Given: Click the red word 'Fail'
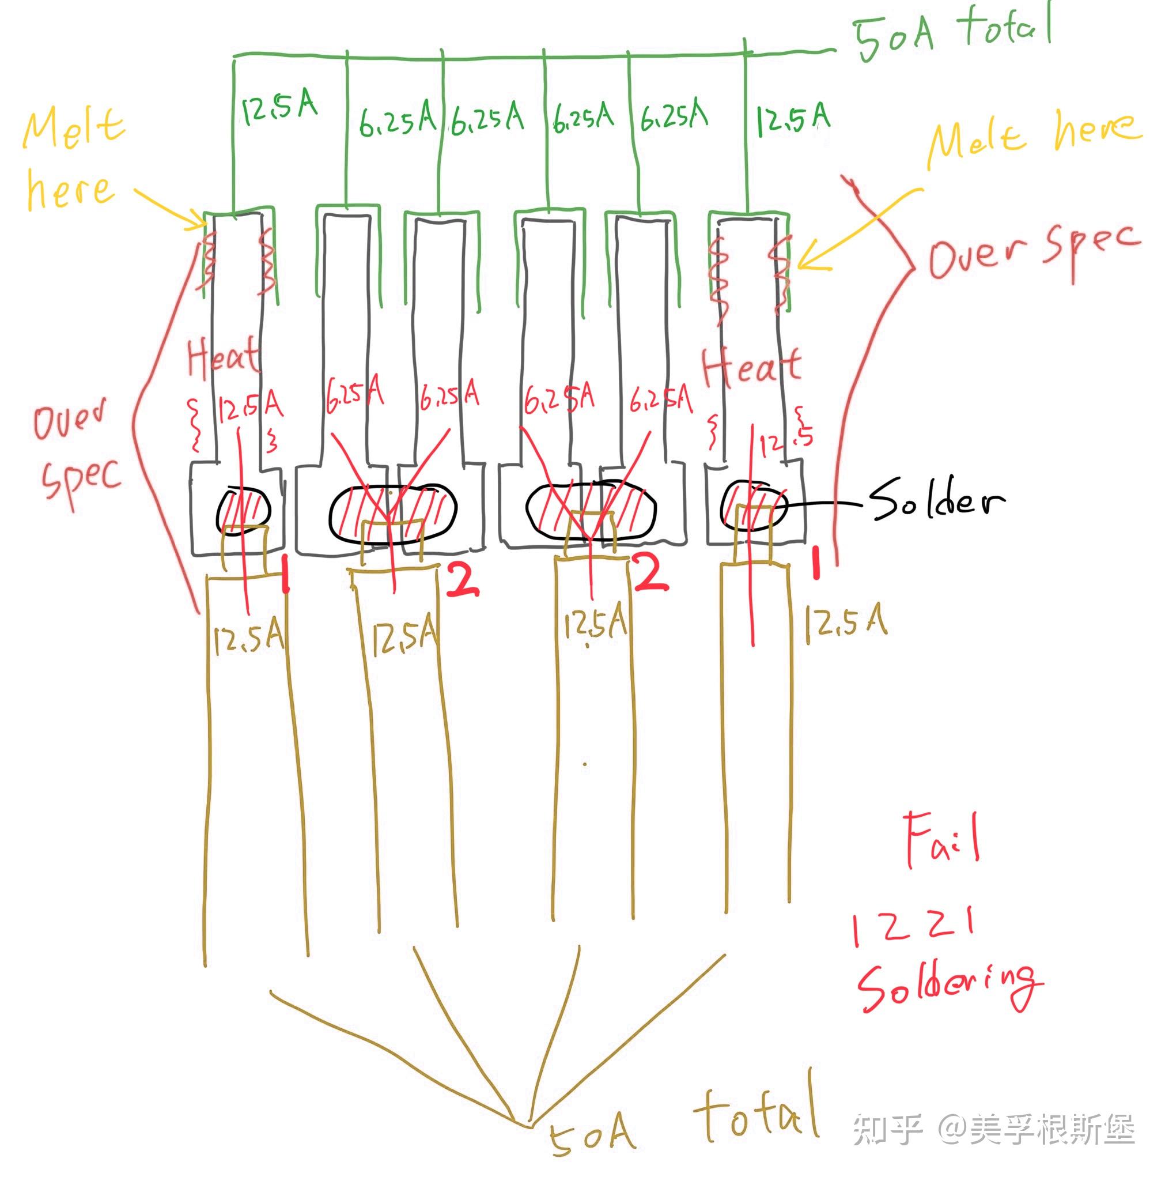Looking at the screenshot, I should pos(941,841).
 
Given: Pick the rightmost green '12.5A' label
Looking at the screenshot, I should pos(792,117).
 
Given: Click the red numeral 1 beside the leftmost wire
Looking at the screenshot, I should pos(285,575).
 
